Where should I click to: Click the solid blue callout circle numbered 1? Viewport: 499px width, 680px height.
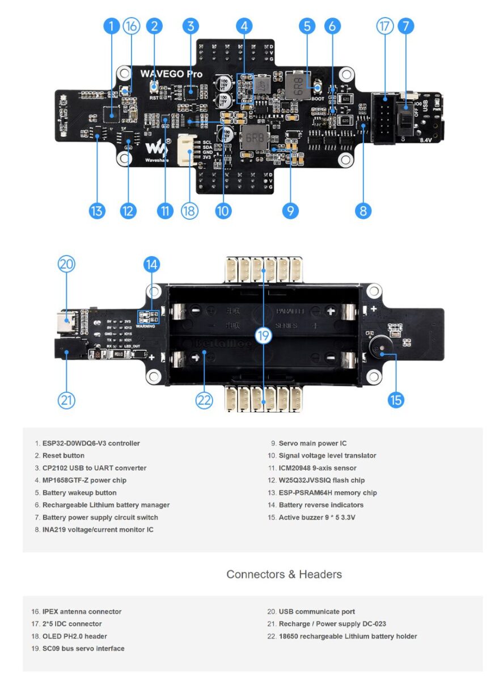pyautogui.click(x=112, y=26)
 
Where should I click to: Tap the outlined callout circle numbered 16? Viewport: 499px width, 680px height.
pyautogui.click(x=131, y=26)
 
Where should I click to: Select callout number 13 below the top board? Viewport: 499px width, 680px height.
pyautogui.click(x=97, y=211)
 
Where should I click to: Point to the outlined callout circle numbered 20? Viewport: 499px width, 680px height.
pyautogui.click(x=66, y=264)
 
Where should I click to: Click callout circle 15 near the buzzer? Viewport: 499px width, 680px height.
pyautogui.click(x=396, y=399)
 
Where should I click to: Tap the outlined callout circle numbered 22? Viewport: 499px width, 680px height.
pyautogui.click(x=204, y=399)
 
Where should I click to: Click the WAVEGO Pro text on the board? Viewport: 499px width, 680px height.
pyautogui.click(x=171, y=73)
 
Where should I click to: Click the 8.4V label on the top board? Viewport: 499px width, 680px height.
pyautogui.click(x=426, y=139)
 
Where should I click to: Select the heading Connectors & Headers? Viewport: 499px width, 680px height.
pyautogui.click(x=284, y=574)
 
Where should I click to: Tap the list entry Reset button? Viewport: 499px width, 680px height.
pyautogui.click(x=63, y=456)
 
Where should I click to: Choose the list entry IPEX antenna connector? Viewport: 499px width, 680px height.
pyautogui.click(x=81, y=611)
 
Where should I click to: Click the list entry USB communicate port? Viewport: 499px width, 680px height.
pyautogui.click(x=316, y=611)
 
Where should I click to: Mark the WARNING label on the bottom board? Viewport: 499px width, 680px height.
pyautogui.click(x=145, y=326)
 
